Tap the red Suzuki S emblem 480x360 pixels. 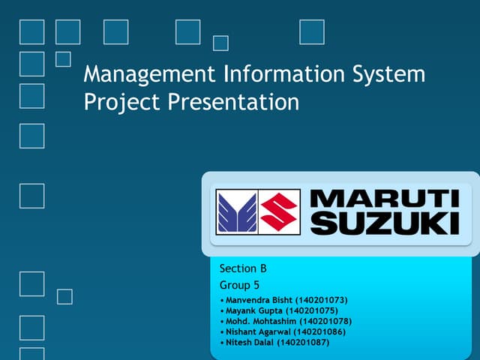(280, 211)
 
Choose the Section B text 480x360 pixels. (243, 268)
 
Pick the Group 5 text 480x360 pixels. (240, 285)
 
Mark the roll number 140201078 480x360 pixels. (325, 322)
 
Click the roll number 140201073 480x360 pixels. (322, 301)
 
